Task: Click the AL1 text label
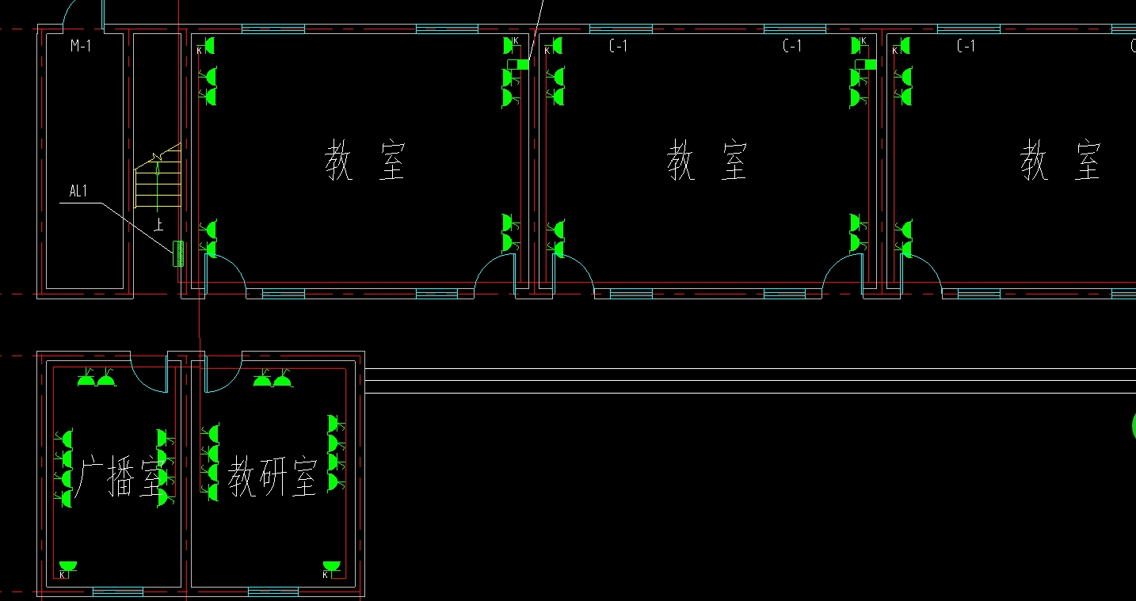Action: coord(78,191)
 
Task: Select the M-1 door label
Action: coord(81,46)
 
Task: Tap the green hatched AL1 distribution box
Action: coord(178,253)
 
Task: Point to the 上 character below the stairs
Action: coord(158,224)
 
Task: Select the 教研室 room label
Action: coord(273,477)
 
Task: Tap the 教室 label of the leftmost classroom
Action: coord(365,160)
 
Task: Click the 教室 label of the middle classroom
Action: coord(707,160)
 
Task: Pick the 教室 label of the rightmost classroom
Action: coord(1061,160)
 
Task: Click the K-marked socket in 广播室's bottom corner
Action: coord(67,569)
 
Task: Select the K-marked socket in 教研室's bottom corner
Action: coord(330,569)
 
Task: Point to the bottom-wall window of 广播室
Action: coord(118,591)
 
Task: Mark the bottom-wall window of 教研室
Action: coord(273,591)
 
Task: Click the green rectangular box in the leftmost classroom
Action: coord(518,64)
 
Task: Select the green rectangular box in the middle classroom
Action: coord(866,64)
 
